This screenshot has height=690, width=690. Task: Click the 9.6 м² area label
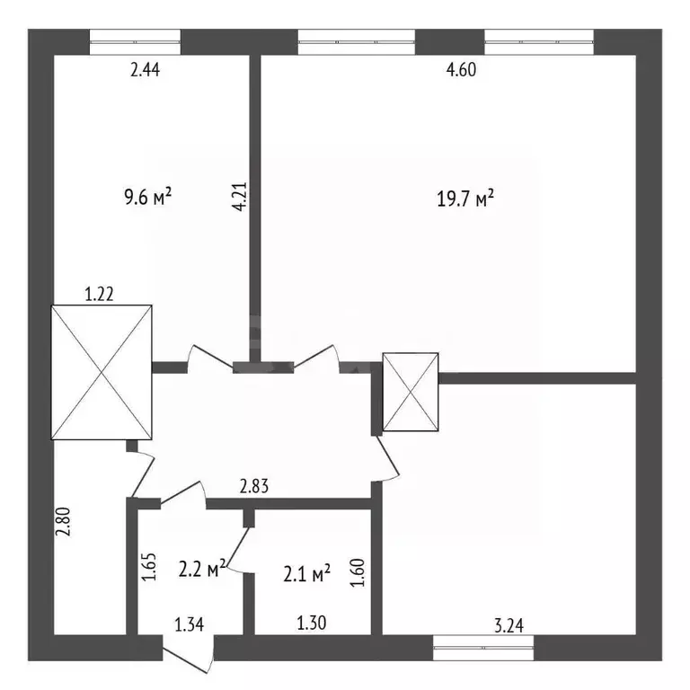click(148, 197)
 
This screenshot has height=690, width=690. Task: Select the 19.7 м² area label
click(465, 198)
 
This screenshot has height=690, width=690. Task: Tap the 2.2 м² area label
click(202, 569)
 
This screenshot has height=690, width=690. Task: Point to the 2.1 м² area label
click(306, 574)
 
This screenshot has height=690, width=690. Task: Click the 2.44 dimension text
click(145, 70)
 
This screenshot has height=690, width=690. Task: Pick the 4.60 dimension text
click(461, 70)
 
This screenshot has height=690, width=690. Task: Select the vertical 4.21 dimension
click(240, 197)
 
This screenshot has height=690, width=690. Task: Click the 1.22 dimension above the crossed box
click(99, 294)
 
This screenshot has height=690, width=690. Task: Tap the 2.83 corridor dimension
click(254, 487)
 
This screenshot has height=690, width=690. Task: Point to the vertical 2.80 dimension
click(63, 521)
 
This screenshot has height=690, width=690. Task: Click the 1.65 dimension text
click(149, 567)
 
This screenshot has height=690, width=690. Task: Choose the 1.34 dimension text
click(190, 624)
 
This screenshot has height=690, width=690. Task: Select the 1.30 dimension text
click(312, 624)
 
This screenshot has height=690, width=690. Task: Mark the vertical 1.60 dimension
click(358, 572)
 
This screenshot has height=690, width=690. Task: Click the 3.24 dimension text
click(509, 625)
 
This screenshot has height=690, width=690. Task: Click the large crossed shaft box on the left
click(102, 372)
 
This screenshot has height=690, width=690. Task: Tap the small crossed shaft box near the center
click(411, 392)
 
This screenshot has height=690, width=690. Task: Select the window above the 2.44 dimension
click(135, 42)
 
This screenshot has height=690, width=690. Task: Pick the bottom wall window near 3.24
click(483, 648)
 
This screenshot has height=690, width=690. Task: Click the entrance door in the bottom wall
click(189, 653)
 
